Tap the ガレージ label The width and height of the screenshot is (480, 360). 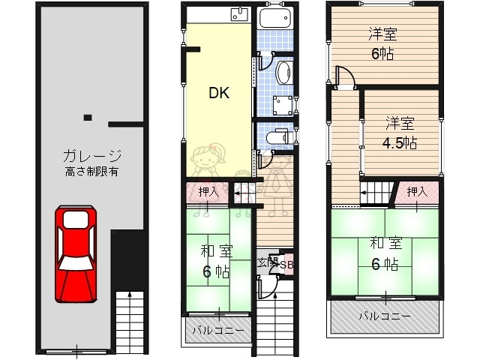[92, 157]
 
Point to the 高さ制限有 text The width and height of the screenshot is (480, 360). [92, 172]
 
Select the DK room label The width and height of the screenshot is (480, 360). [218, 93]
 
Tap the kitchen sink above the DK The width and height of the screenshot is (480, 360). [239, 13]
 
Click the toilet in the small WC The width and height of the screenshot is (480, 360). [280, 136]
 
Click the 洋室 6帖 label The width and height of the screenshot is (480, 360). [382, 43]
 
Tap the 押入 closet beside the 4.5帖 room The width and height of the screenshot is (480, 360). [417, 192]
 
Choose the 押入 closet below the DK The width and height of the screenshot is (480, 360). [209, 193]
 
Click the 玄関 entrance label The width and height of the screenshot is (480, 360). [267, 262]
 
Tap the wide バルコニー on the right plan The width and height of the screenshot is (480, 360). [383, 316]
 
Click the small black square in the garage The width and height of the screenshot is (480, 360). [88, 117]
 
